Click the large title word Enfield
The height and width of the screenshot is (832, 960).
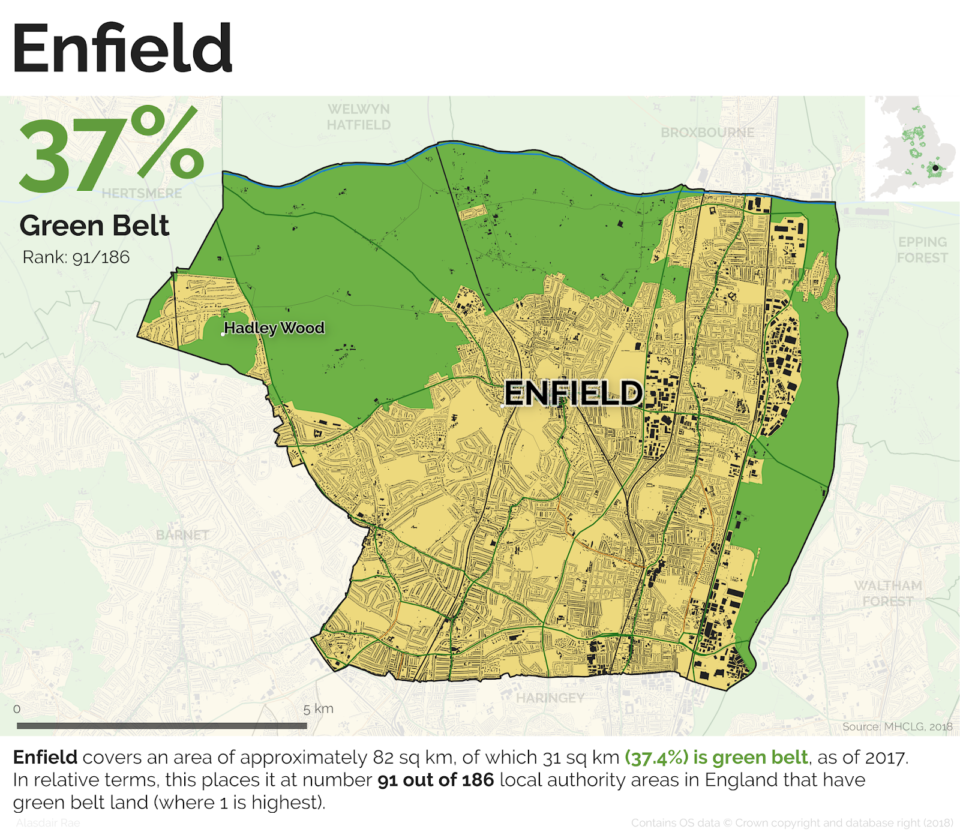coord(122,49)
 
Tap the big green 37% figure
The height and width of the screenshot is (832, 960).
coord(112,150)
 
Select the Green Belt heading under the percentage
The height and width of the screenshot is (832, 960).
coord(94,226)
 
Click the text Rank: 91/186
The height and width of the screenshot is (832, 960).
coord(76,257)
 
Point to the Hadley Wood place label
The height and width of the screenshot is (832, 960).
coord(274,328)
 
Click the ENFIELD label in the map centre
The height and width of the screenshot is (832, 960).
coord(573,394)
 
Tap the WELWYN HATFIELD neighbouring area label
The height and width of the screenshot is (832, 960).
coord(359,117)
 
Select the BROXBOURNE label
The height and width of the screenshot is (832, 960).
coord(707,133)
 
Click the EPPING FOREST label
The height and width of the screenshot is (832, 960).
coord(922,250)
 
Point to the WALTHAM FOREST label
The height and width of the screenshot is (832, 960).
coord(888,593)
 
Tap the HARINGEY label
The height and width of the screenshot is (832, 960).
coord(550,698)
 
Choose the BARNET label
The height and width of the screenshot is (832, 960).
coord(182,534)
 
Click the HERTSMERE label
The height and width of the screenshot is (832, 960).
coord(142,193)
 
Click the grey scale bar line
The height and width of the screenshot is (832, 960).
coord(162,726)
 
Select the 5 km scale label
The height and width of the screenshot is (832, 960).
coord(318,709)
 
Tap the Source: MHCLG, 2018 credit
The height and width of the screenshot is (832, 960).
coord(896,726)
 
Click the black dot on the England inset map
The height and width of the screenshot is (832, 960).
coord(935,168)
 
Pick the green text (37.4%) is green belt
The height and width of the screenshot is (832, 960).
coord(716,758)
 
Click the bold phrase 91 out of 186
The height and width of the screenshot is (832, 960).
coord(436,780)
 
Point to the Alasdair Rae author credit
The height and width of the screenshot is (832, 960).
coord(48,823)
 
